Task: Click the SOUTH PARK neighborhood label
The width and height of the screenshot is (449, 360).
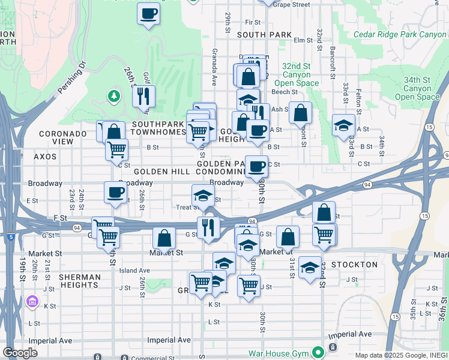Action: pyautogui.click(x=264, y=35)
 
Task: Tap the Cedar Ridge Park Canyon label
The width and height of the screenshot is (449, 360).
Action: pyautogui.click(x=400, y=35)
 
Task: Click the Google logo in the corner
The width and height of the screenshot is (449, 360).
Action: pyautogui.click(x=20, y=353)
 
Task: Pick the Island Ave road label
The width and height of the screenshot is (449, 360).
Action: pyautogui.click(x=134, y=271)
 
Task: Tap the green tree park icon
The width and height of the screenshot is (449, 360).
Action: pyautogui.click(x=113, y=96)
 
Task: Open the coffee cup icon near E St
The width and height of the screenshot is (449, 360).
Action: pyautogui.click(x=116, y=193)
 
